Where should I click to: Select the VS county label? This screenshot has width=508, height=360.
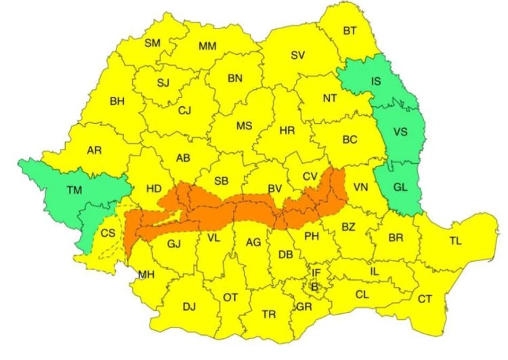[400, 132]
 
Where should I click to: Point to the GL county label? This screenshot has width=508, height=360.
[400, 187]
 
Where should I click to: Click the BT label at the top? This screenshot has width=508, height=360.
[350, 30]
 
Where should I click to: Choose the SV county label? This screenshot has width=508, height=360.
[297, 55]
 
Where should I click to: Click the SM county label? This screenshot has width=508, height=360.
[152, 43]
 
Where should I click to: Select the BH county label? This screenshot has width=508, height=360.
[117, 102]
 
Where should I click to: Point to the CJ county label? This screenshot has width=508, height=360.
[186, 110]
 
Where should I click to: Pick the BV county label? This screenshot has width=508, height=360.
[274, 187]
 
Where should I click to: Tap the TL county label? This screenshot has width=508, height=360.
[457, 240]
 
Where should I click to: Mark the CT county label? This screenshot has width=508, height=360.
[425, 298]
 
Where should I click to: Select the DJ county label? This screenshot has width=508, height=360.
[188, 307]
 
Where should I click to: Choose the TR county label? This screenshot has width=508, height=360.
[268, 315]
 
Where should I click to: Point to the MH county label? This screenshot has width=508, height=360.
[146, 275]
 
